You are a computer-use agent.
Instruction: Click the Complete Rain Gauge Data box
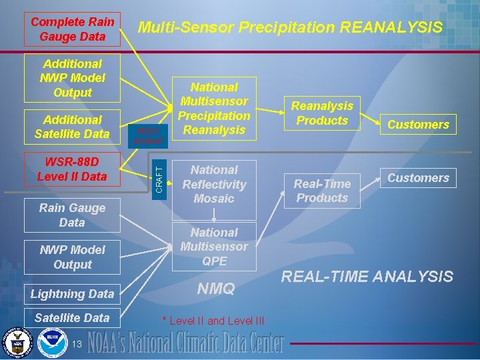73,29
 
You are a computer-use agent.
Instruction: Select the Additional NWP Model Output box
73,78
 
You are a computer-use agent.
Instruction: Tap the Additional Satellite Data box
73,127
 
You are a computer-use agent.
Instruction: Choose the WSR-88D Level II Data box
73,169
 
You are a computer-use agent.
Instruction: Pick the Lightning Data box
73,293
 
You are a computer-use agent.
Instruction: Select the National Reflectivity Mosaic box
214,185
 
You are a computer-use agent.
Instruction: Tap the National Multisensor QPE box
214,247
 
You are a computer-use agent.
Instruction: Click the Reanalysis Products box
322,113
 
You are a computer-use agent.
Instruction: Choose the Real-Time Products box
322,190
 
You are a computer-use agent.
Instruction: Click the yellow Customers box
418,124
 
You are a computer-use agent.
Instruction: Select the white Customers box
418,178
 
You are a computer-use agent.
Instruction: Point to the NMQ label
216,289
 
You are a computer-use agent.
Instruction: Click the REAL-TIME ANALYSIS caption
367,277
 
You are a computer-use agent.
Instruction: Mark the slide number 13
77,343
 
